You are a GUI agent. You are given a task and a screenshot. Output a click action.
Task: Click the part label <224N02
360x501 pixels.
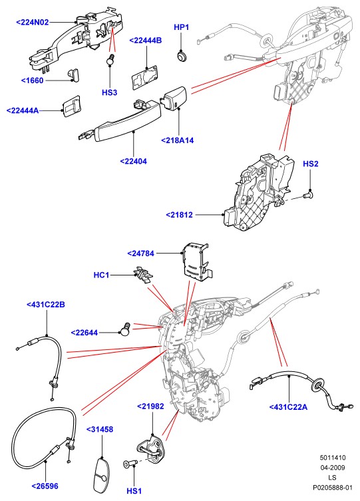(x=32, y=23)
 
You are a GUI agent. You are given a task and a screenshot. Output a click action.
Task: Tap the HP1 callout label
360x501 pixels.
(x=181, y=27)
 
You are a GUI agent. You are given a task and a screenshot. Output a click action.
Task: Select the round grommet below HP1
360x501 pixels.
(x=182, y=57)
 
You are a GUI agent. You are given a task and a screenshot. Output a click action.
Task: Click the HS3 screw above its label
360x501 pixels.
(x=110, y=59)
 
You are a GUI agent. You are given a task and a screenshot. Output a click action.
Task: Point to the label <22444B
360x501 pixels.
(x=145, y=41)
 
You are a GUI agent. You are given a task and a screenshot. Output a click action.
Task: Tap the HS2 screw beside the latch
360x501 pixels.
(x=308, y=194)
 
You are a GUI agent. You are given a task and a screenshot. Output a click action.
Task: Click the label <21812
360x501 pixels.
(x=179, y=215)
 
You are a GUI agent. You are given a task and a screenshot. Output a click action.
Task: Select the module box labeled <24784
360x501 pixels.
(x=197, y=262)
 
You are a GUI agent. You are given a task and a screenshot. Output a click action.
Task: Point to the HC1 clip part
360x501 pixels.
(x=143, y=274)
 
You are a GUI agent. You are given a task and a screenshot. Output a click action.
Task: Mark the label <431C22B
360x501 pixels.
(x=46, y=305)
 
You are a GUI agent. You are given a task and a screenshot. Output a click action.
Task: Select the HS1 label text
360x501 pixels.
(x=134, y=491)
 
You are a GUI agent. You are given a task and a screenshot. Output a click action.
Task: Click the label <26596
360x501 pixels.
(x=45, y=486)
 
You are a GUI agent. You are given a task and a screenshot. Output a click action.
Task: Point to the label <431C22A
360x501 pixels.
(x=288, y=407)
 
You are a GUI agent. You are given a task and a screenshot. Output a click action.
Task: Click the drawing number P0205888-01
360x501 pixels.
(x=333, y=488)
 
